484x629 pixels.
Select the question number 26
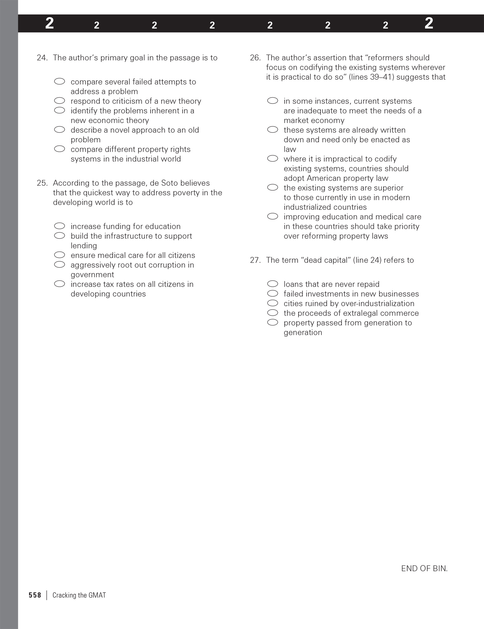point(255,58)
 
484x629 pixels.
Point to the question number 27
point(255,260)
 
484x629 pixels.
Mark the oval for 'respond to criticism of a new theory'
point(60,101)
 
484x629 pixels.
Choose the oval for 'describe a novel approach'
point(60,129)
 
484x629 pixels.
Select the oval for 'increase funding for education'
point(60,226)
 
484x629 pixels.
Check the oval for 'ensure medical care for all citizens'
point(60,255)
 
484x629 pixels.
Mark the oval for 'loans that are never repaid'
point(273,284)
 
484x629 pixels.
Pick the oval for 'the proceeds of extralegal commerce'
point(273,313)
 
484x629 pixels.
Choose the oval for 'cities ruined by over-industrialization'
point(273,303)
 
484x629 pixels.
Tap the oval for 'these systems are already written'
point(273,129)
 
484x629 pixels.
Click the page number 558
point(35,595)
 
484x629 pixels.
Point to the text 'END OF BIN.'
point(424,568)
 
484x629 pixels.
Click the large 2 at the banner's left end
point(49,23)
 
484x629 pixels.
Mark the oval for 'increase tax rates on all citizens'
point(60,284)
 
